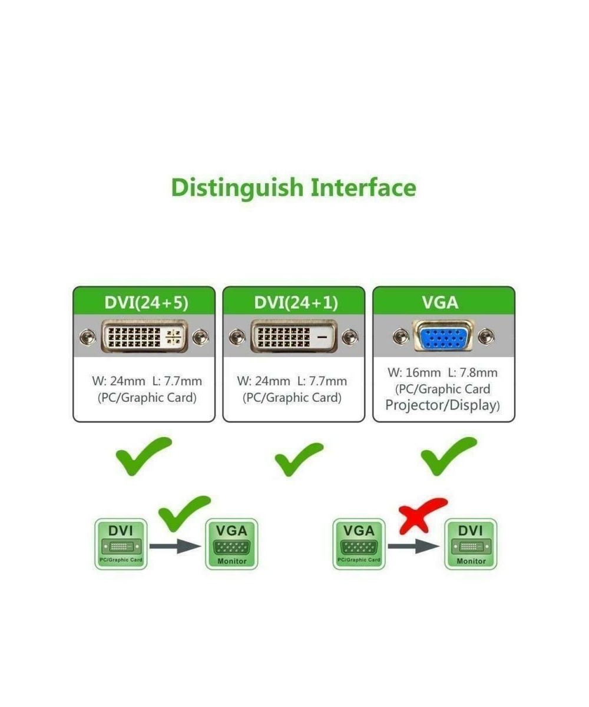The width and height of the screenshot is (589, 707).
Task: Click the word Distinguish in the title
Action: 238,189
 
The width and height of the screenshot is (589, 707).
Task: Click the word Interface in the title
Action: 363,187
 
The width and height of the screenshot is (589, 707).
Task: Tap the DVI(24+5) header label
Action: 146,302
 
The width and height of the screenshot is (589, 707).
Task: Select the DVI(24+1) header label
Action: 296,302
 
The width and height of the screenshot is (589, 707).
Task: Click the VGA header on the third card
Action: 440,302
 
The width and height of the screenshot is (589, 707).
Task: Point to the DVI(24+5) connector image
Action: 145,336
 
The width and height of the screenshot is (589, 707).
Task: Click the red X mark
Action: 422,514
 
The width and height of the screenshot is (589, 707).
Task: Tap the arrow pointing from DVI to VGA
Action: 175,546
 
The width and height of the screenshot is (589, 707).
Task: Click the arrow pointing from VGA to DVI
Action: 414,546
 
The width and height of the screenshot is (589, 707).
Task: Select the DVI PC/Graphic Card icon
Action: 121,544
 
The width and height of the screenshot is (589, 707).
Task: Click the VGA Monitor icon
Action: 231,544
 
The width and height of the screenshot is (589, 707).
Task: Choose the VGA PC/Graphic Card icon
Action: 359,544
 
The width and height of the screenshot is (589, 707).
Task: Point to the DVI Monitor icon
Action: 470,544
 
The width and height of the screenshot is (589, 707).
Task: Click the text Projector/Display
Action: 442,405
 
